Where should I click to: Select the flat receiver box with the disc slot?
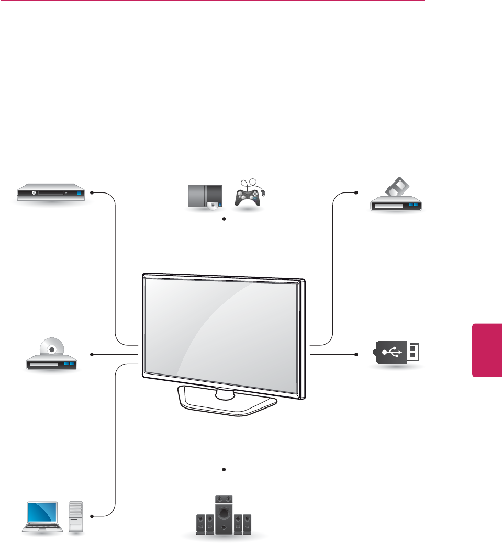[50, 192]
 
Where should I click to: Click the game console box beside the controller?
[205, 197]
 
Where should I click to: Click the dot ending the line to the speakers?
[224, 468]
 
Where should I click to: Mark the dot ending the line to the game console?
[224, 219]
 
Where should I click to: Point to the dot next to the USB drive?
[356, 354]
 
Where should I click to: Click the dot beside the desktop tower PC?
[92, 516]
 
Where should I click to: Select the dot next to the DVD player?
[92, 355]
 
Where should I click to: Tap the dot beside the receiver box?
[92, 192]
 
